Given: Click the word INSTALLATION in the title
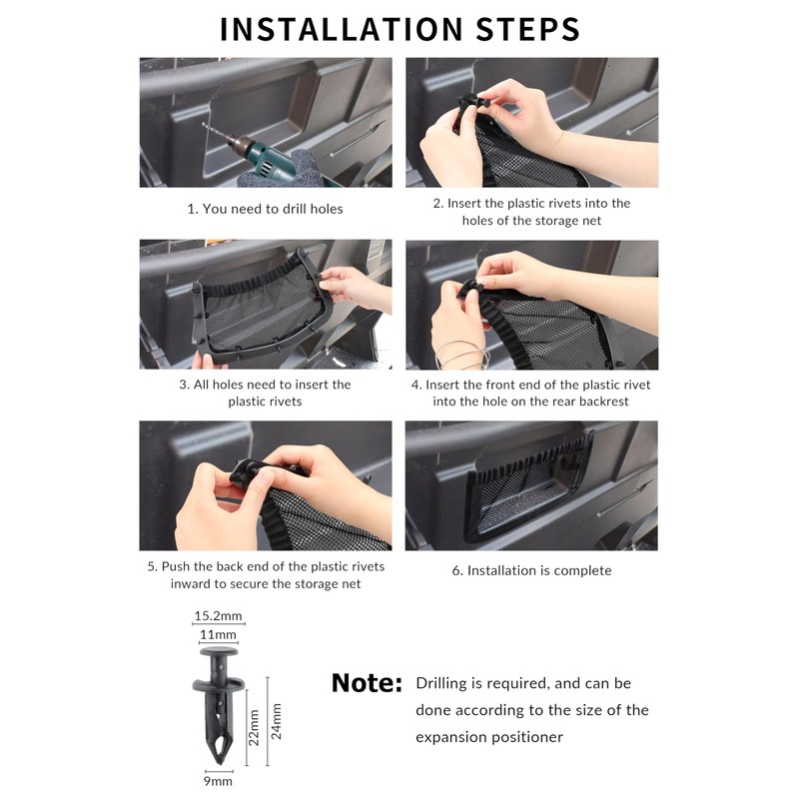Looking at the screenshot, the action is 342,29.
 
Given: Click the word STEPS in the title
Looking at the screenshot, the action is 528,29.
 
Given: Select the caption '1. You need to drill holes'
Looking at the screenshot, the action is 265,209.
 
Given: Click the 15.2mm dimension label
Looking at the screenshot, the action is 218,615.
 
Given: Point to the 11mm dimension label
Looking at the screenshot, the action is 218,634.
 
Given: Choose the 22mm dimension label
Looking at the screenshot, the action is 254,728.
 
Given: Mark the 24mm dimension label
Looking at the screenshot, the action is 276,721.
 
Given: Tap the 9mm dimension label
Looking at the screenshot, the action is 218,781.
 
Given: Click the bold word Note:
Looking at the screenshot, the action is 367,683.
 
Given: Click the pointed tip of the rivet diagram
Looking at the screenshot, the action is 220,763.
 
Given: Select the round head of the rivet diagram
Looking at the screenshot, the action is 219,652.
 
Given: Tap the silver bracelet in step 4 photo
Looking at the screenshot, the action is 461,355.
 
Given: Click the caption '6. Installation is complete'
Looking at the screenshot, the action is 531,570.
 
